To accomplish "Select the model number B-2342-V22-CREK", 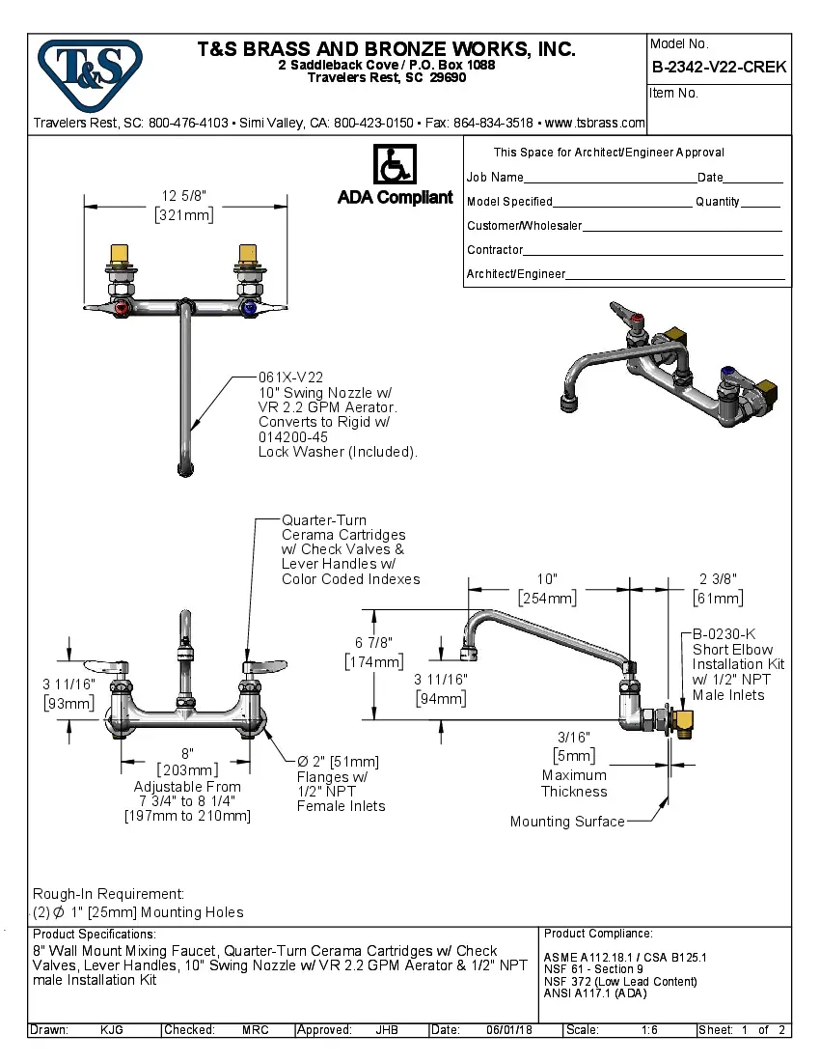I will tap(719, 67).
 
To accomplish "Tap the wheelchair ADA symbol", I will tap(394, 165).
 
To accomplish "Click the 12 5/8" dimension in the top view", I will tap(184, 196).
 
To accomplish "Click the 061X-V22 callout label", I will tap(290, 377).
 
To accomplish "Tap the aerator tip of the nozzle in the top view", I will tap(184, 469).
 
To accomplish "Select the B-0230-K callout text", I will tap(724, 634).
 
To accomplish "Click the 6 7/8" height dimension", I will tap(372, 643).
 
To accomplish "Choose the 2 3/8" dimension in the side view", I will tap(718, 578).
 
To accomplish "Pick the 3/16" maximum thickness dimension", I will tap(572, 738).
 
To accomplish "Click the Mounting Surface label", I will tap(566, 822).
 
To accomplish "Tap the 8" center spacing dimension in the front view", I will tap(187, 753).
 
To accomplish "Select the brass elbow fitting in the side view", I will tap(684, 719).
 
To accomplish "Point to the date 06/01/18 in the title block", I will tap(512, 1030).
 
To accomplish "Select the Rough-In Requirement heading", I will tap(108, 894).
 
